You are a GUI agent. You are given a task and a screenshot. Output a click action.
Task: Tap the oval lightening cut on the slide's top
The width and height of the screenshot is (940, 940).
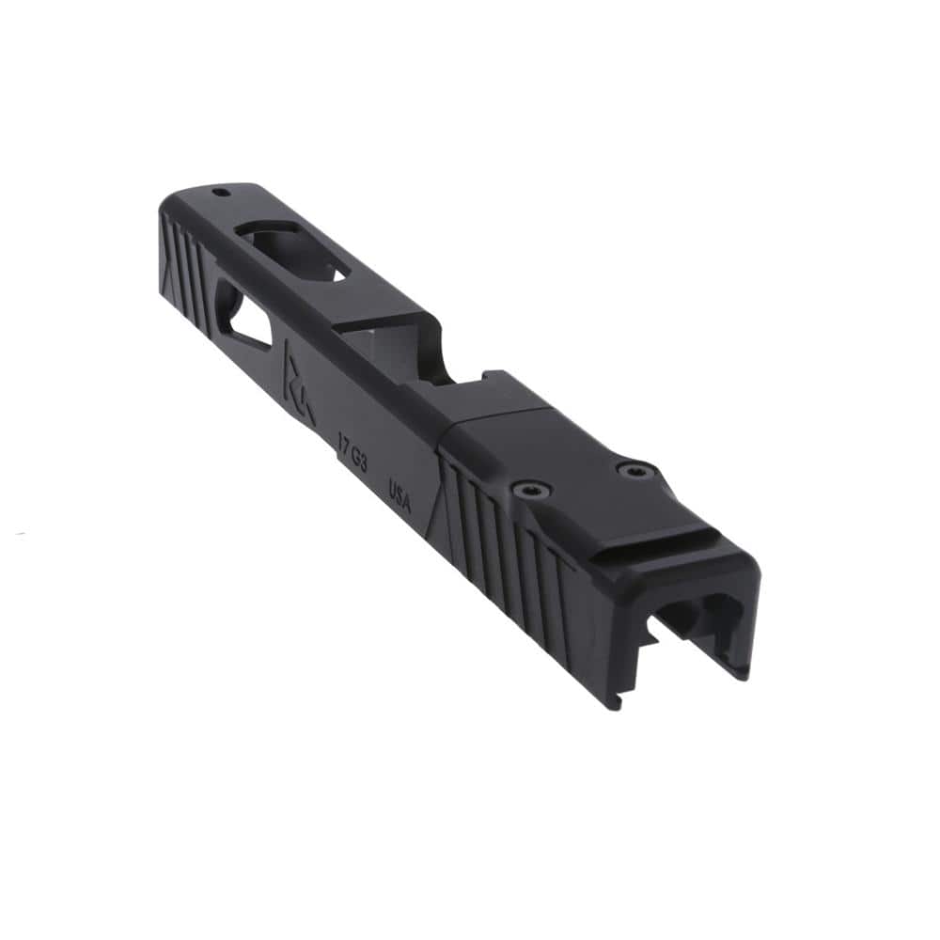(293, 248)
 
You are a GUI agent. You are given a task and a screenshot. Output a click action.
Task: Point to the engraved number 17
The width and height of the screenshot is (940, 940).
(345, 439)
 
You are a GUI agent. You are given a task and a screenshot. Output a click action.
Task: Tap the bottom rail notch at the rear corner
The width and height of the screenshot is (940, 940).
(616, 700)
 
